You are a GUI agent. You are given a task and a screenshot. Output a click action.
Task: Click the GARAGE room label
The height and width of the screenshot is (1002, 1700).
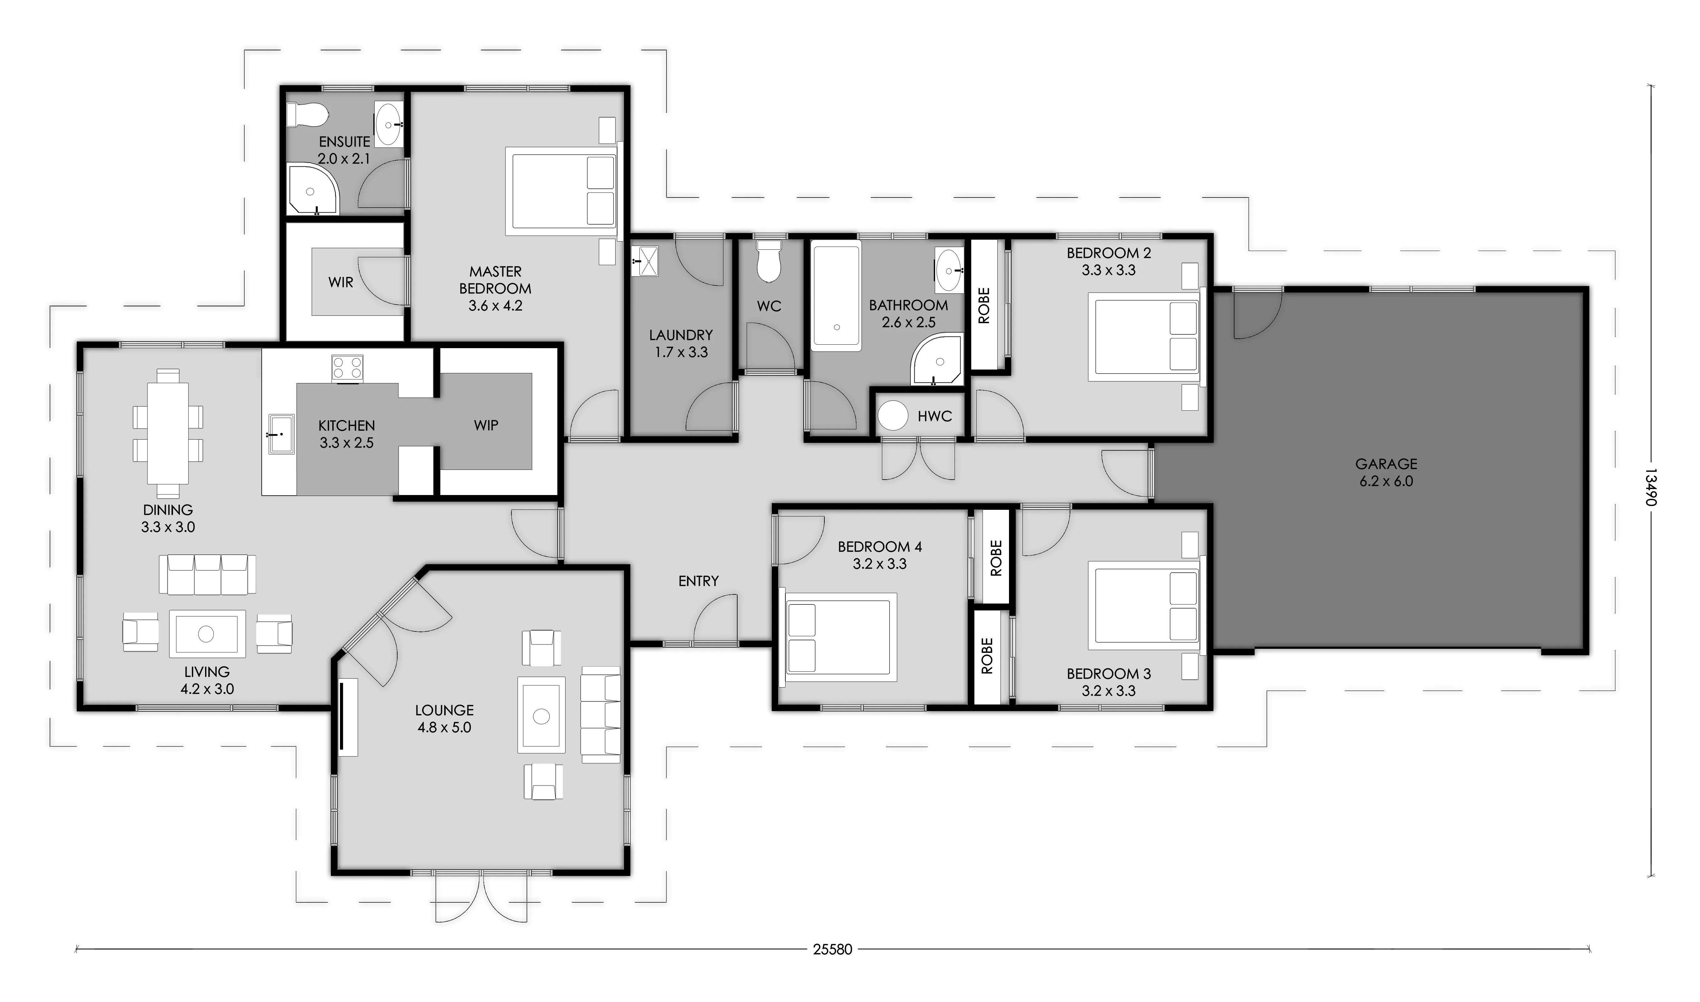[1386, 464]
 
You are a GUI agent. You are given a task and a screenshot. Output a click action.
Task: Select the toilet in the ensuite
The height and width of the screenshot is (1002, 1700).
[307, 115]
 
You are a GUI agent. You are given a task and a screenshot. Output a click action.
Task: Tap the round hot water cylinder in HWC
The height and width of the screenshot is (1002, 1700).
[893, 416]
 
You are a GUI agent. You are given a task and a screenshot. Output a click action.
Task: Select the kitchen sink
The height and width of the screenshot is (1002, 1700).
[281, 433]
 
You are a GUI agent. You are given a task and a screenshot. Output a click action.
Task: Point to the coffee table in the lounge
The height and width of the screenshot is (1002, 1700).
[541, 715]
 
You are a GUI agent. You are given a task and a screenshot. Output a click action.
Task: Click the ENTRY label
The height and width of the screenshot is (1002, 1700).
[698, 581]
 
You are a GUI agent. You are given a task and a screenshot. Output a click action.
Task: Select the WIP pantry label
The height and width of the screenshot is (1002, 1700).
[486, 426]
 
